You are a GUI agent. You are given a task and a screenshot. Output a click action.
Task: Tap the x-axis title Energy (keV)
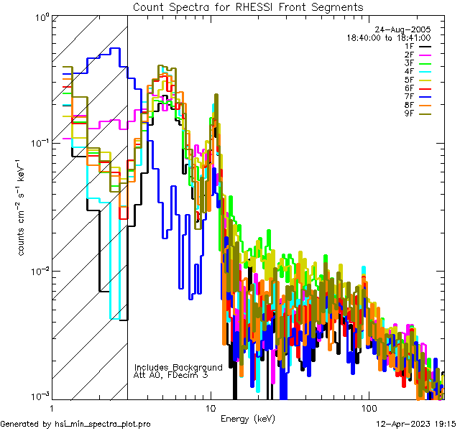(x=247, y=419)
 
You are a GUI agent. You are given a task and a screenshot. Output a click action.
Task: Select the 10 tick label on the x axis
(x=210, y=407)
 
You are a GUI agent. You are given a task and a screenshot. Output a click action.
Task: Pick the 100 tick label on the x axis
(x=368, y=407)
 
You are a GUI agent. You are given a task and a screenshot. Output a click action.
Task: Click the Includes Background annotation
(x=178, y=367)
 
